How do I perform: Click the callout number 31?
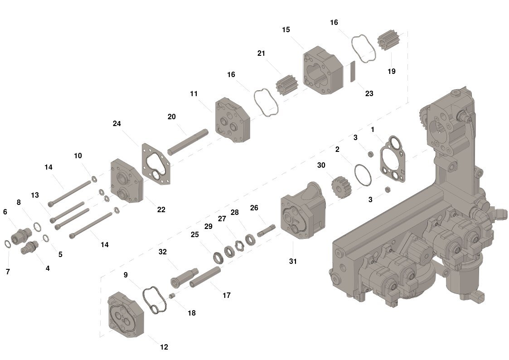(x=293, y=261)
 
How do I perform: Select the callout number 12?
(x=164, y=347)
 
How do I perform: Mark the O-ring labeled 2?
(x=363, y=175)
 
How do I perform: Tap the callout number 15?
(x=286, y=30)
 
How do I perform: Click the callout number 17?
(x=227, y=295)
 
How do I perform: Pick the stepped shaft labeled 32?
(x=184, y=276)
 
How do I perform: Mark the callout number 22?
(x=161, y=209)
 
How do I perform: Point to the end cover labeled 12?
(x=126, y=316)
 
